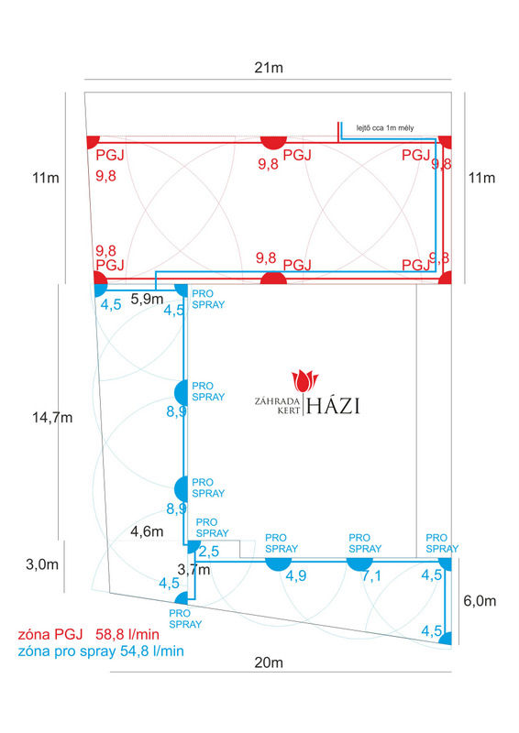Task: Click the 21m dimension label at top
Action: (x=269, y=68)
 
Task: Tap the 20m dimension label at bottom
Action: (x=269, y=662)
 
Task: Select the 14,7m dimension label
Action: (x=52, y=418)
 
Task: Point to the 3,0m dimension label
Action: (x=42, y=564)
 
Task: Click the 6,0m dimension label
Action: (x=480, y=601)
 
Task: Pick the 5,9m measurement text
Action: (x=147, y=300)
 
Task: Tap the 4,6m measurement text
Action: (x=147, y=531)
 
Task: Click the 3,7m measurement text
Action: (x=193, y=569)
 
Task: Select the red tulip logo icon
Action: (x=304, y=380)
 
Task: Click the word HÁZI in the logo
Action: (x=333, y=406)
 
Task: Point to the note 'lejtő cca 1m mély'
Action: (x=385, y=127)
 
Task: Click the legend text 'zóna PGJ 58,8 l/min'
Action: (x=88, y=634)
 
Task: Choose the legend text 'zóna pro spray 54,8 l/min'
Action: (x=101, y=651)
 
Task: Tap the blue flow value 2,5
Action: (x=209, y=552)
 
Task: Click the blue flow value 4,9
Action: (x=296, y=575)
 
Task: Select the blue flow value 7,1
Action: (x=371, y=576)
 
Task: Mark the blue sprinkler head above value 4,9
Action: (x=279, y=564)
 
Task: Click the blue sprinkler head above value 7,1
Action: (x=359, y=564)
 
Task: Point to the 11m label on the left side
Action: (x=46, y=178)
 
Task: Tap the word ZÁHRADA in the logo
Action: (x=277, y=401)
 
